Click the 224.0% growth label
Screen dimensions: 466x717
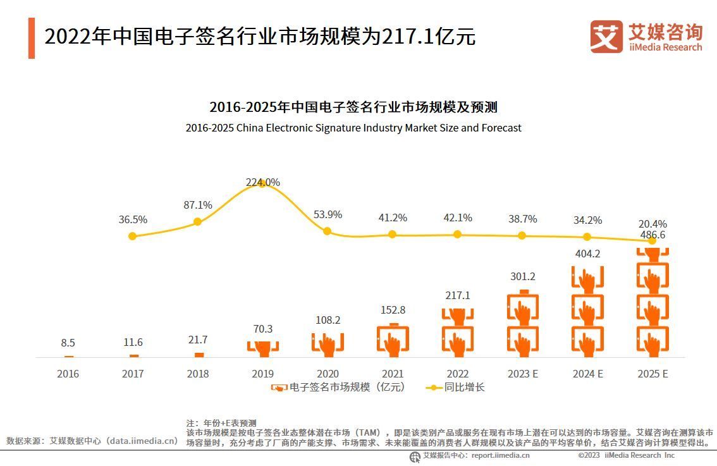click(x=262, y=182)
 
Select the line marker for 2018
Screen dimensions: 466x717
click(x=197, y=221)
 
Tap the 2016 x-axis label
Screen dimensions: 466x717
click(x=68, y=374)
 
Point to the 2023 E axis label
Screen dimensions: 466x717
click(x=522, y=374)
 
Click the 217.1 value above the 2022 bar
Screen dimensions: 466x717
click(x=457, y=295)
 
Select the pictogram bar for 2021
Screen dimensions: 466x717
click(x=393, y=341)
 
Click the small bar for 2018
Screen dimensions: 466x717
click(x=199, y=355)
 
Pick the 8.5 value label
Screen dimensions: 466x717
click(x=68, y=343)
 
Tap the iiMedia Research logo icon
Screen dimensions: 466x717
click(x=606, y=37)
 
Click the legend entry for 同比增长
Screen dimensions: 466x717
click(x=455, y=387)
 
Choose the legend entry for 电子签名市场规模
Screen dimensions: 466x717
click(x=338, y=387)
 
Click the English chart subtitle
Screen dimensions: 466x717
click(x=353, y=128)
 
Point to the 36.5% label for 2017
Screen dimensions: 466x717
click(x=133, y=219)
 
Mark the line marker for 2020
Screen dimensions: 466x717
click(x=327, y=231)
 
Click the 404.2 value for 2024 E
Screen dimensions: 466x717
click(x=587, y=254)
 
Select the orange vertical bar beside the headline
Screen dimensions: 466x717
click(x=32, y=38)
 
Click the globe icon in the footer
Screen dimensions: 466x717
click(x=415, y=457)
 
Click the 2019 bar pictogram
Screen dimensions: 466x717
click(x=262, y=347)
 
